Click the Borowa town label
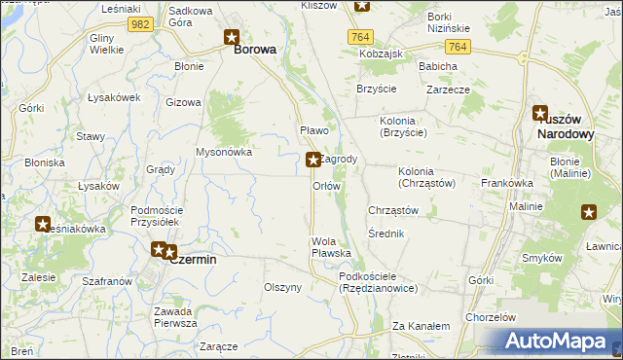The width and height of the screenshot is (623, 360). tap(255, 48)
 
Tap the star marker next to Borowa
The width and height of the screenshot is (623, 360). tap(232, 39)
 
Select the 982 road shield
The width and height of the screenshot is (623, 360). tap(140, 23)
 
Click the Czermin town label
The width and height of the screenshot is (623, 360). tap(193, 260)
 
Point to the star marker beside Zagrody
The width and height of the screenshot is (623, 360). tap(312, 160)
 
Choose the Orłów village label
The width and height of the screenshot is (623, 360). tap(326, 185)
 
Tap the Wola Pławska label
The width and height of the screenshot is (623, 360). tap(331, 247)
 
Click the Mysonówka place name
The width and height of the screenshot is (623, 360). tap(224, 152)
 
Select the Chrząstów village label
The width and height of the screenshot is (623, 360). tap(393, 210)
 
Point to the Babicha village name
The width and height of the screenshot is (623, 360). tap(438, 66)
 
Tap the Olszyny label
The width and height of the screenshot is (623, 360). tap(283, 287)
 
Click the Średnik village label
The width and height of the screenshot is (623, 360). tap(386, 234)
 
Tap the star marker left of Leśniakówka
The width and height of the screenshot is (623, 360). tap(44, 225)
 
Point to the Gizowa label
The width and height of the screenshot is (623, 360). tap(183, 102)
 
